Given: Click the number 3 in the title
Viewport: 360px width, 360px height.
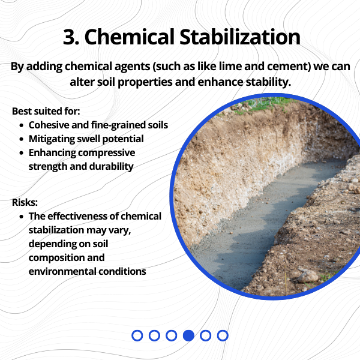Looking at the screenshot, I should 70,37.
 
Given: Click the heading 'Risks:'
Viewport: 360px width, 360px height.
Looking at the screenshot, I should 25,202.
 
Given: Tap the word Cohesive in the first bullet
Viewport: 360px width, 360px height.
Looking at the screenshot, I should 50,125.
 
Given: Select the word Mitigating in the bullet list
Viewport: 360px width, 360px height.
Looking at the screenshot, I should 54,139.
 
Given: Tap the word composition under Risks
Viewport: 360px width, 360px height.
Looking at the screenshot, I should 57,257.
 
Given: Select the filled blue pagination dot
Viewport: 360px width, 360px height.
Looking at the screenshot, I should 188,335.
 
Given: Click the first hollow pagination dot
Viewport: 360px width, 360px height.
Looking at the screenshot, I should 137,335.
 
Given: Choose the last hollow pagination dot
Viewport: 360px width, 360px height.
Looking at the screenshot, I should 223,335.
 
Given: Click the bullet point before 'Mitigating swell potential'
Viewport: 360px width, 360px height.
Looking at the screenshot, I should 22,139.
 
